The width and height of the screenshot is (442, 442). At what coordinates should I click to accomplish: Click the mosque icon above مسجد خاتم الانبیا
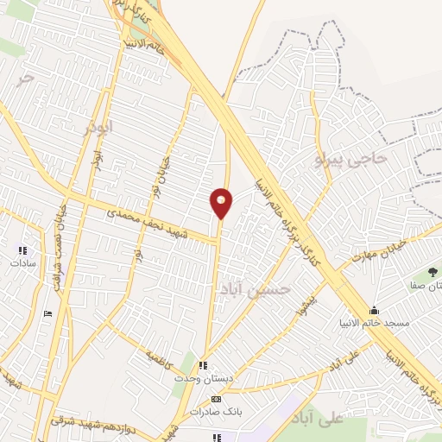click(374, 311)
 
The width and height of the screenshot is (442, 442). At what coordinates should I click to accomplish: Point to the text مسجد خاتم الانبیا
click(374, 323)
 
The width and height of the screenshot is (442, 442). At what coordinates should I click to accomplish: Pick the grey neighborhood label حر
click(28, 77)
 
